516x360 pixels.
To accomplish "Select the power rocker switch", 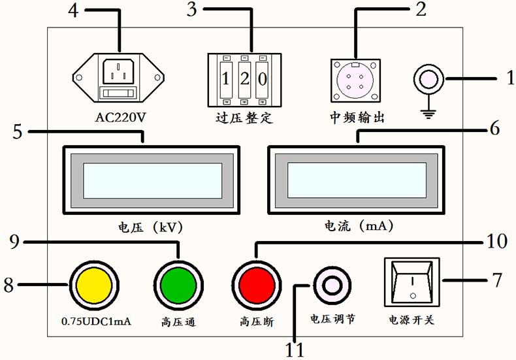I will [412, 283].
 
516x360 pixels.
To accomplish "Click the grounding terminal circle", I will [429, 80].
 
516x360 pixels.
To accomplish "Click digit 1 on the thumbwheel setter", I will [226, 80].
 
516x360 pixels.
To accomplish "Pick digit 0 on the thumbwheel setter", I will [261, 80].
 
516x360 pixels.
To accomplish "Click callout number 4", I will [73, 11].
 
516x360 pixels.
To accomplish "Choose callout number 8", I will [9, 285].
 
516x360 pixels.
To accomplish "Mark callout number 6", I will [495, 129].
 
